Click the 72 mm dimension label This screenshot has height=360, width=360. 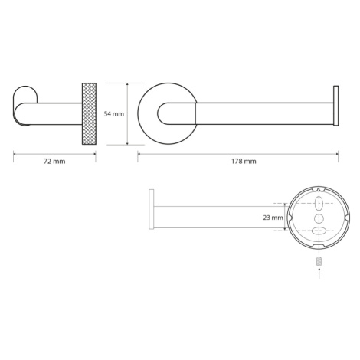pyautogui.click(x=54, y=162)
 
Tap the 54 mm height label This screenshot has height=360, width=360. pyautogui.click(x=114, y=114)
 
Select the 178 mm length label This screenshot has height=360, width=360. pyautogui.click(x=244, y=162)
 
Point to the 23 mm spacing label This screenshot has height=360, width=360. pyautogui.click(x=273, y=218)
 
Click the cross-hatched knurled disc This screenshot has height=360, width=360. pyautogui.click(x=89, y=114)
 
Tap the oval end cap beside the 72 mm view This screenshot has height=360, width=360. pyautogui.click(x=25, y=106)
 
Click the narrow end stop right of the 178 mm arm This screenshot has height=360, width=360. pyautogui.click(x=335, y=106)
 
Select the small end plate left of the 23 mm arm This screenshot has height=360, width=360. pyautogui.click(x=152, y=209)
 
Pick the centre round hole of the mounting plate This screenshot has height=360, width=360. pyautogui.click(x=319, y=218)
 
